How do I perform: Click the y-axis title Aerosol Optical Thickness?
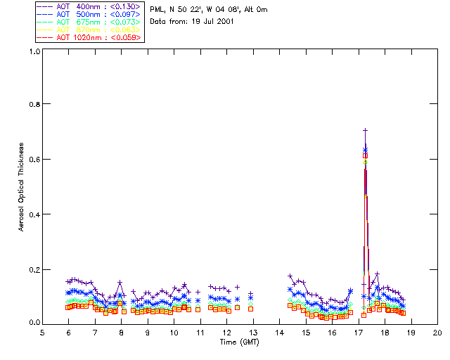(22, 187)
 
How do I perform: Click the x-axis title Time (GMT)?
(240, 342)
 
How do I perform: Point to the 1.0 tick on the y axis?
(33, 51)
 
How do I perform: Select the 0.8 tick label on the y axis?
(33, 104)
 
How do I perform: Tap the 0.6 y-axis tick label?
(33, 159)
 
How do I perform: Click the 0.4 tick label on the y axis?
(33, 214)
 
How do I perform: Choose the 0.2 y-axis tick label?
(33, 269)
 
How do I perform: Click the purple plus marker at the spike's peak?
(366, 130)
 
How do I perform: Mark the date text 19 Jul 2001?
(212, 22)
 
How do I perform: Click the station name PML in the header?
(157, 10)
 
